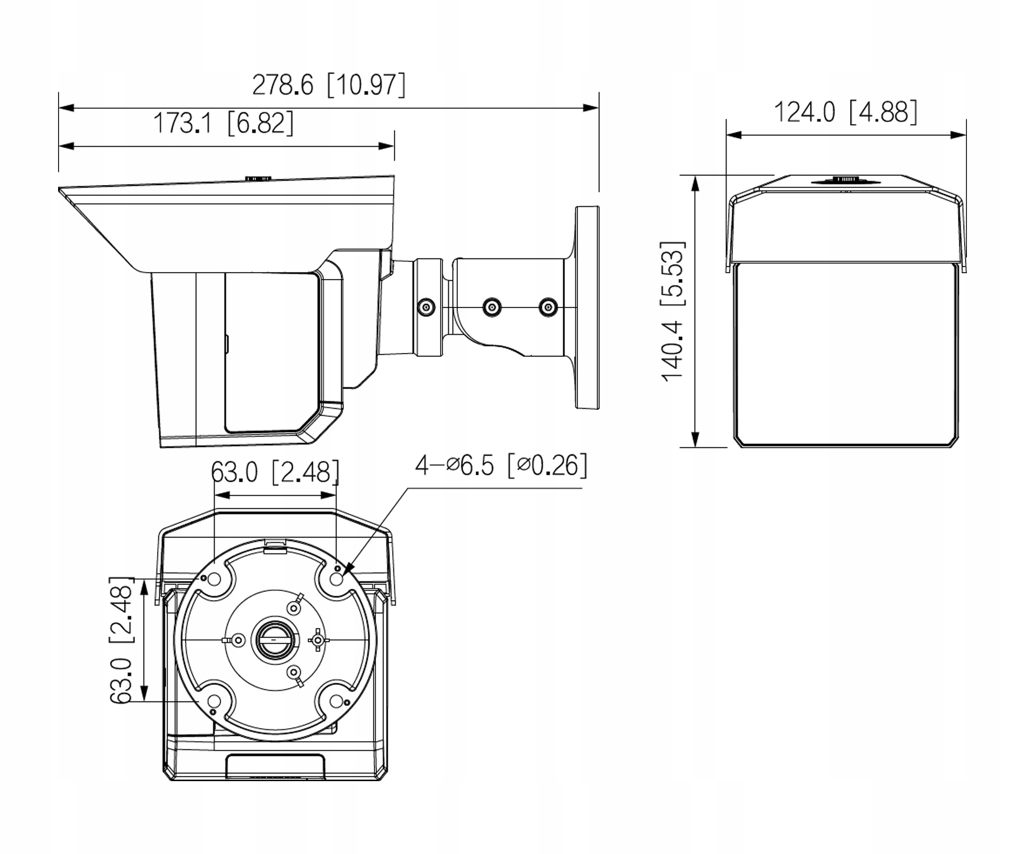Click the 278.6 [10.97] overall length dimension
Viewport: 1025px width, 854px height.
pyautogui.click(x=329, y=85)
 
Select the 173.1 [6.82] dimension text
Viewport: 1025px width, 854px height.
pyautogui.click(x=223, y=123)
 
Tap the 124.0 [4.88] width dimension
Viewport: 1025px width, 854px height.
pyautogui.click(x=845, y=112)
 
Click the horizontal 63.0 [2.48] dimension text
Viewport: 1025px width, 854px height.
pyautogui.click(x=274, y=471)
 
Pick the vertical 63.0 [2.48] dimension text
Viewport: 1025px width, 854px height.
pyautogui.click(x=121, y=640)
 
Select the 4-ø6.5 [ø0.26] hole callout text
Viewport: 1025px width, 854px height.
pyautogui.click(x=501, y=466)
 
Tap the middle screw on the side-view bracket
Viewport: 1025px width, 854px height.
pyautogui.click(x=491, y=307)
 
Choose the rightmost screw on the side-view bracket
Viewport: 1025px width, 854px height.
pyautogui.click(x=548, y=307)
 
